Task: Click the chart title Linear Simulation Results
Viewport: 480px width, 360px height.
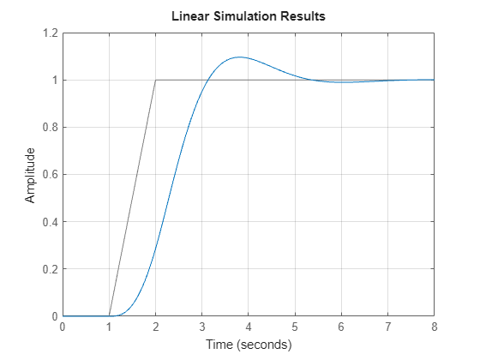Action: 248,16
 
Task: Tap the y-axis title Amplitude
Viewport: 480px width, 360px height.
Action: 31,175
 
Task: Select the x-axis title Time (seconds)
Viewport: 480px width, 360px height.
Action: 248,345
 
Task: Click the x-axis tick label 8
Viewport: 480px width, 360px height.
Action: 434,327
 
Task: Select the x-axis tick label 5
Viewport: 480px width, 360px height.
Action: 295,327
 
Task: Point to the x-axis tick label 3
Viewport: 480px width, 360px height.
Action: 201,327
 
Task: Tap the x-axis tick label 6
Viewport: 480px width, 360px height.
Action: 341,327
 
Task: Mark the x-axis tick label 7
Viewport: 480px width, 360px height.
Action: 387,327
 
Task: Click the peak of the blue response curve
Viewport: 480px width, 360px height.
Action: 238,57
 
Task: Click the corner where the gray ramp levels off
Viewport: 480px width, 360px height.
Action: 155,81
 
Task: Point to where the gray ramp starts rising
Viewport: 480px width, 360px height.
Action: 109,316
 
